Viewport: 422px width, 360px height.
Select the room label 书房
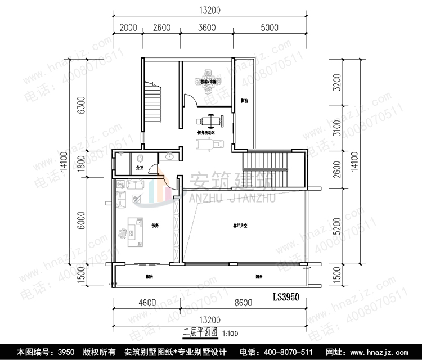click(154, 226)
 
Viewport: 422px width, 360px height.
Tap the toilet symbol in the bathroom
click(140, 159)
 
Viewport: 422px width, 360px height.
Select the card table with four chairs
click(209, 80)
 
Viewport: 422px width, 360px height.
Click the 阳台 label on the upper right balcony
click(244, 101)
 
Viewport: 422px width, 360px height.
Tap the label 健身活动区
click(205, 133)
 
